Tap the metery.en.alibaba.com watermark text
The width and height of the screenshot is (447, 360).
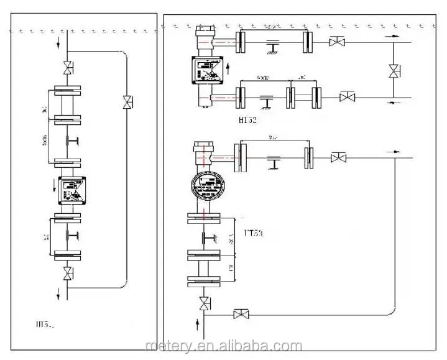point(222,346)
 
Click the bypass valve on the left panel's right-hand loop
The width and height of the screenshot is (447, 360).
point(127,100)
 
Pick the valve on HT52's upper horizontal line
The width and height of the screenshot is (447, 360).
point(338,42)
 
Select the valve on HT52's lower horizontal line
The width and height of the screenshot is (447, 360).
point(347,98)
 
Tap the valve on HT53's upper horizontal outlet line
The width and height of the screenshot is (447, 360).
point(338,159)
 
